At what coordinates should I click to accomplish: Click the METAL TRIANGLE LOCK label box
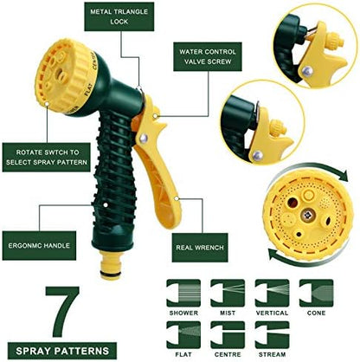[x=119, y=16]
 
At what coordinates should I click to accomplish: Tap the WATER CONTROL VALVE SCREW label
[x=208, y=56]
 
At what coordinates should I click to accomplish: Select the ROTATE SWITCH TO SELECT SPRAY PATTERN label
[x=47, y=158]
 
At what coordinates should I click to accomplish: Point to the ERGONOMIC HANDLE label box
[x=39, y=246]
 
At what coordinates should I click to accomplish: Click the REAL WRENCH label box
[x=200, y=248]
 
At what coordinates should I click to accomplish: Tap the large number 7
[x=63, y=311]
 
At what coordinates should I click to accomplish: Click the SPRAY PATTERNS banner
[x=62, y=351]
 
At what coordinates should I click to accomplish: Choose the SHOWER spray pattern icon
[x=183, y=293]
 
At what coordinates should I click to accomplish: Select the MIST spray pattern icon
[x=228, y=293]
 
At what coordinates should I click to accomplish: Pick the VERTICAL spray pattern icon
[x=272, y=293]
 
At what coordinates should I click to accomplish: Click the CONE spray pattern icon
[x=316, y=293]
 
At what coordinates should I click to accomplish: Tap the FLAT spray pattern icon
[x=183, y=335]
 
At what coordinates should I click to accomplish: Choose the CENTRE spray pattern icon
[x=228, y=335]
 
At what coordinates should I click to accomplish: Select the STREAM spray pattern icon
[x=272, y=335]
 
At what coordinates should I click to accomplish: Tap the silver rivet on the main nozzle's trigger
[x=144, y=139]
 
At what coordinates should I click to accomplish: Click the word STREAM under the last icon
[x=272, y=354]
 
